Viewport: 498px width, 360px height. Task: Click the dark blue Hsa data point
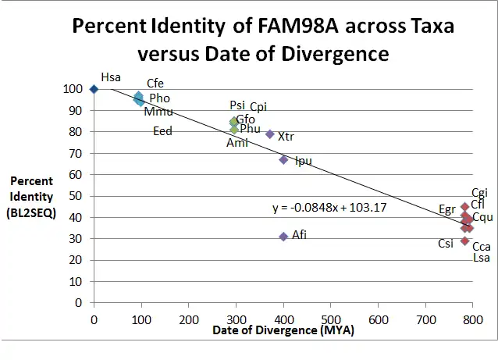tap(94, 89)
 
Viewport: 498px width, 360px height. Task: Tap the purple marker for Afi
tap(283, 237)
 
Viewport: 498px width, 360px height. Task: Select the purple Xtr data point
tap(270, 134)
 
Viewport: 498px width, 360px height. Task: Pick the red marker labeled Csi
tap(464, 241)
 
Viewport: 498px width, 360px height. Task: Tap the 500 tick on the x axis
tap(331, 319)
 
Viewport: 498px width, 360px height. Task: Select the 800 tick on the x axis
tap(472, 319)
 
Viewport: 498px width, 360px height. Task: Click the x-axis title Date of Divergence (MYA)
tap(283, 331)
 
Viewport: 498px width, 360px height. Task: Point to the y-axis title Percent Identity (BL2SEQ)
tap(31, 197)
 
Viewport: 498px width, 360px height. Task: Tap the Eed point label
tap(162, 131)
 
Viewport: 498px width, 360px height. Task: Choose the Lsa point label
tap(482, 258)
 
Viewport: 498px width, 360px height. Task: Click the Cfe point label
tap(155, 84)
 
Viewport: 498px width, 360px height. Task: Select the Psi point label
tap(237, 105)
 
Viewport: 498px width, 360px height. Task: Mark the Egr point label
tap(446, 209)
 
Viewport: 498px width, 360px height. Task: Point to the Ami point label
tap(236, 143)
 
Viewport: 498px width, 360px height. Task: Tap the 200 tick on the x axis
tap(188, 319)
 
